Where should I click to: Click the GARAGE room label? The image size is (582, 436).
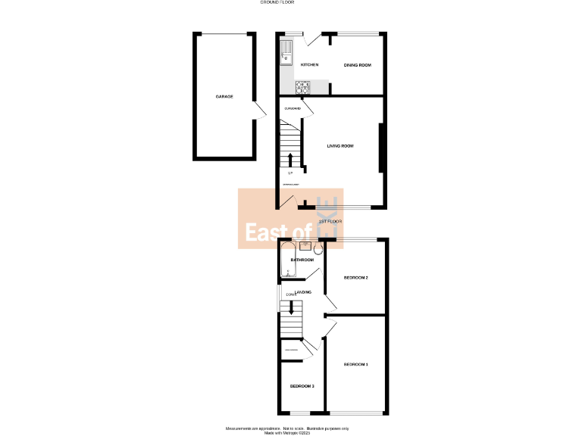224,97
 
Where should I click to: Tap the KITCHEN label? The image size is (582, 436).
309,65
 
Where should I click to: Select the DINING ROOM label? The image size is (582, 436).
358,65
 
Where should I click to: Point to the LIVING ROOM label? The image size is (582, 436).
340,145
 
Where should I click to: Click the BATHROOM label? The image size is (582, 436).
302,260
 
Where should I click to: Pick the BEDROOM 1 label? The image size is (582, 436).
355,365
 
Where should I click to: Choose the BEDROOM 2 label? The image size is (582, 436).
355,278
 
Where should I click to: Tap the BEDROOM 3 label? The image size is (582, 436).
302,386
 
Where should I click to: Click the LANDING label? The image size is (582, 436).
304,292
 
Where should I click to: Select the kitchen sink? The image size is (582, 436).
286,54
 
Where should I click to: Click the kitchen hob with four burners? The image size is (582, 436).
301,88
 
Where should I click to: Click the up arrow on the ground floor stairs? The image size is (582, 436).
290,160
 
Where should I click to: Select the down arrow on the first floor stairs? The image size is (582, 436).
290,308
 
